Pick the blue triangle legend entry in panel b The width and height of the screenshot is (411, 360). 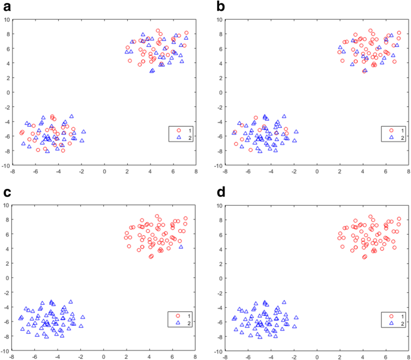coord(391,137)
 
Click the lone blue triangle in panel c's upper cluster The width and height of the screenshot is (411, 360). coord(181,247)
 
